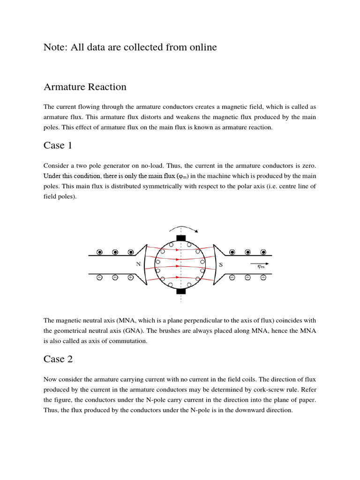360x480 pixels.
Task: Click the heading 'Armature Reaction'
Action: coord(85,87)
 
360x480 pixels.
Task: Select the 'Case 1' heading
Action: coord(58,145)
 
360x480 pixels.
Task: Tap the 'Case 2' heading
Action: coord(58,359)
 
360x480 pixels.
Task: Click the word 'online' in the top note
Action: coord(201,47)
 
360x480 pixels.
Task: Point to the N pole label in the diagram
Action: coord(138,264)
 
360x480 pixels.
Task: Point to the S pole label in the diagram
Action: coord(221,264)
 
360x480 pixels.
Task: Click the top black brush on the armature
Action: coord(181,238)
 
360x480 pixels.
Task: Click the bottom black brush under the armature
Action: coord(181,291)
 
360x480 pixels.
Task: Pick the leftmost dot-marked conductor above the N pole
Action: coord(99,252)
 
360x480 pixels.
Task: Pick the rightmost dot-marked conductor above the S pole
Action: coord(263,252)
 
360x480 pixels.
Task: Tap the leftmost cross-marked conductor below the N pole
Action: coord(99,277)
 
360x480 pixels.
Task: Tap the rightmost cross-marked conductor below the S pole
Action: coord(263,277)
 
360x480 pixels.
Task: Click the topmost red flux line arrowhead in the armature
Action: coord(177,250)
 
